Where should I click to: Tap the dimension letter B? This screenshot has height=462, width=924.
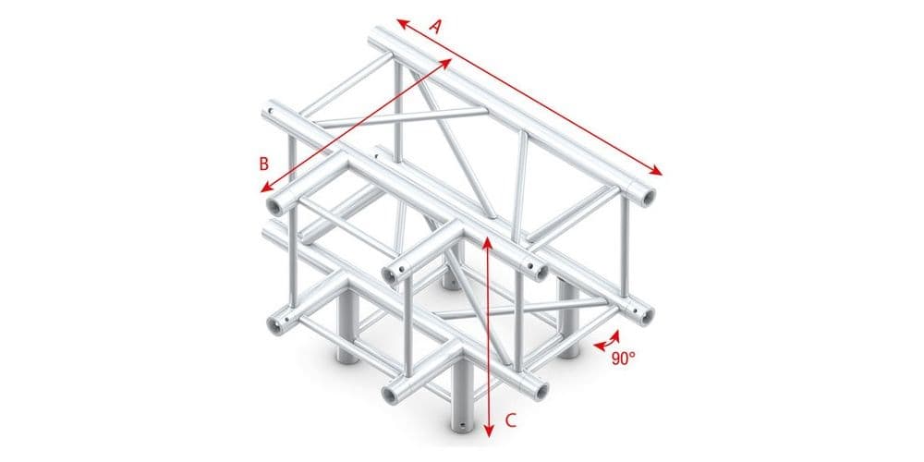click(x=264, y=164)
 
